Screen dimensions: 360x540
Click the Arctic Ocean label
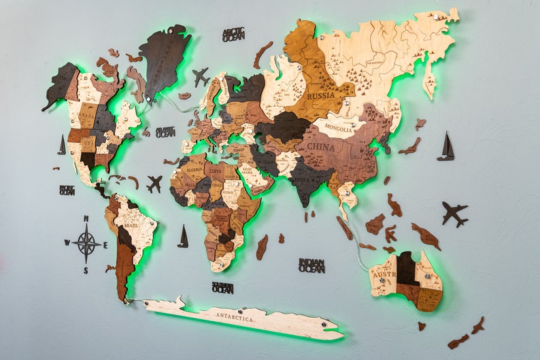[233, 34]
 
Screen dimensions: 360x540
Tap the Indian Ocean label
[311, 265]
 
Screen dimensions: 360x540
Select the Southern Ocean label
[222, 287]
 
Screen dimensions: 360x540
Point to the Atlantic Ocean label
[165, 132]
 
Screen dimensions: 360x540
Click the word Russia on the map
[320, 96]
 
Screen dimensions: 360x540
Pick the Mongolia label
[338, 127]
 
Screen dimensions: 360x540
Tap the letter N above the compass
[86, 218]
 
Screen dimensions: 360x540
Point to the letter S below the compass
[86, 270]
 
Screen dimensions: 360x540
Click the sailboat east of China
[446, 147]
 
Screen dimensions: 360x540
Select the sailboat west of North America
[62, 145]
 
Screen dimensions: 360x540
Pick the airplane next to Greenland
[200, 76]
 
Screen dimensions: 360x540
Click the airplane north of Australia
[454, 213]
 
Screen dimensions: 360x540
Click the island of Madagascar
[262, 247]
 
